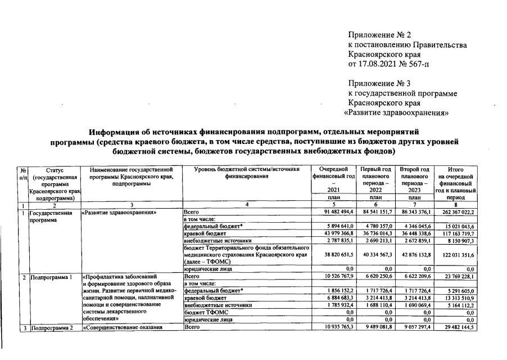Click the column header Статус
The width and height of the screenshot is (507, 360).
coord(56,169)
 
